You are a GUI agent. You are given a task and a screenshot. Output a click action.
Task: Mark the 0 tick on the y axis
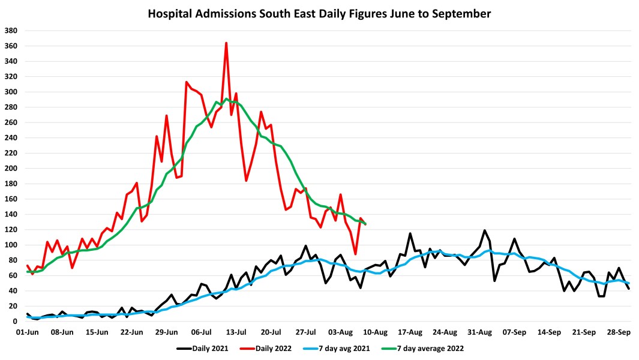coord(16,322)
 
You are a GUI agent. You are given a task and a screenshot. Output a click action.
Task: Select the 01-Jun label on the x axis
coord(28,331)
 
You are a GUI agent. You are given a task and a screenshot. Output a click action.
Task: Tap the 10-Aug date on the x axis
coord(376,331)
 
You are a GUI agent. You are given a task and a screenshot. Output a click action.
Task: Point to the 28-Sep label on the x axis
coord(619,331)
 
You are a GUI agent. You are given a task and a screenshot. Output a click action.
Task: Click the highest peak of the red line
coord(226,43)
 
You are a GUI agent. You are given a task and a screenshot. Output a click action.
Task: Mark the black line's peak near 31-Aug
coord(485,230)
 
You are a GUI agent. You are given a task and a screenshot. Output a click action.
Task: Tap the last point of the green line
coord(365,224)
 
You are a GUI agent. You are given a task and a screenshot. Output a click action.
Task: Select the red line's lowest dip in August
coord(355,254)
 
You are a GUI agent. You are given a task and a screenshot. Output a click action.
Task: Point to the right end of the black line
coord(629,289)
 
